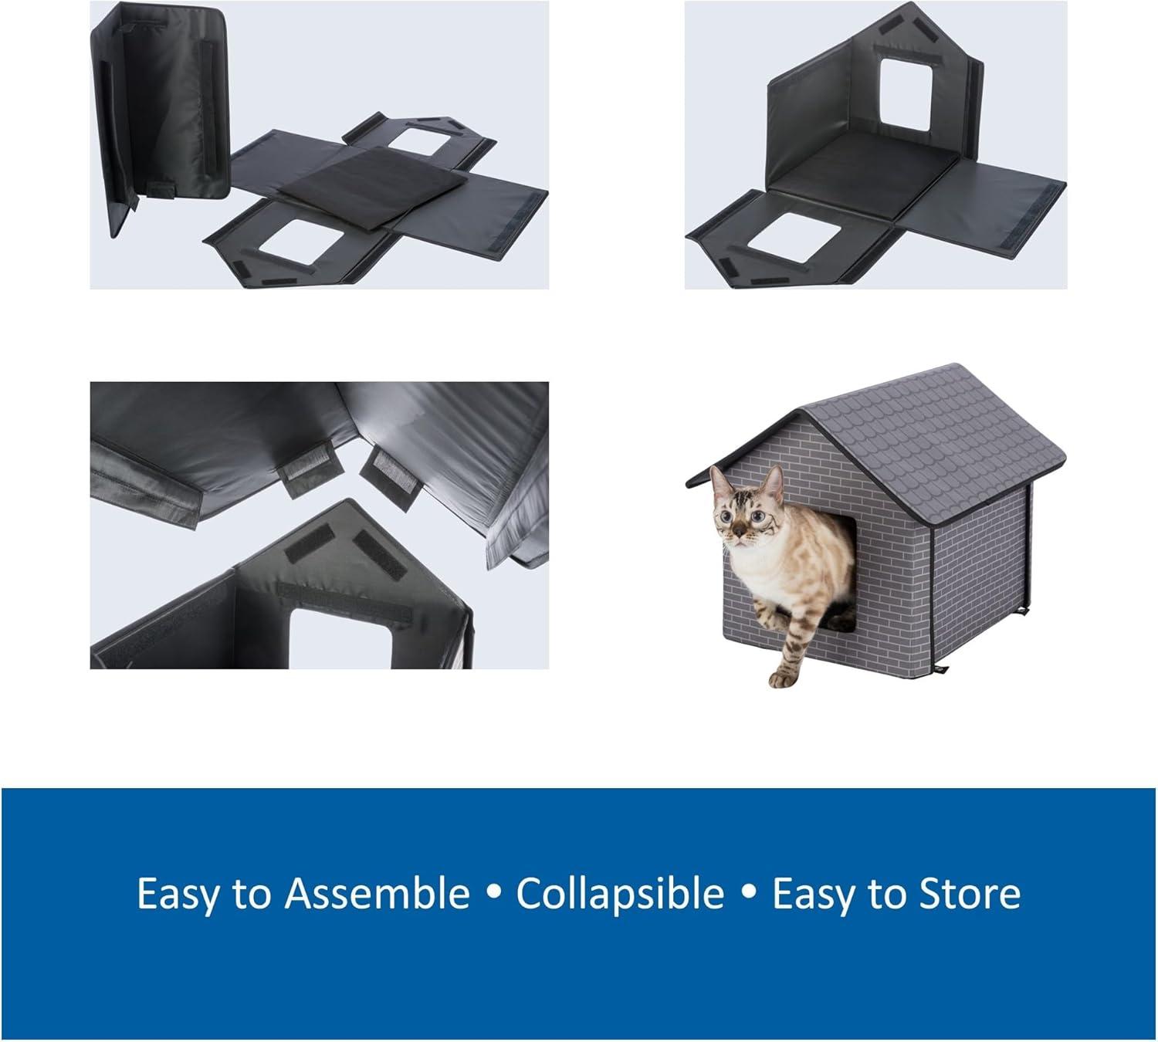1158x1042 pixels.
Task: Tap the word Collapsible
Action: tap(620, 894)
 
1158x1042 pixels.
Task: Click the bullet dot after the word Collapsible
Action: tap(747, 895)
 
